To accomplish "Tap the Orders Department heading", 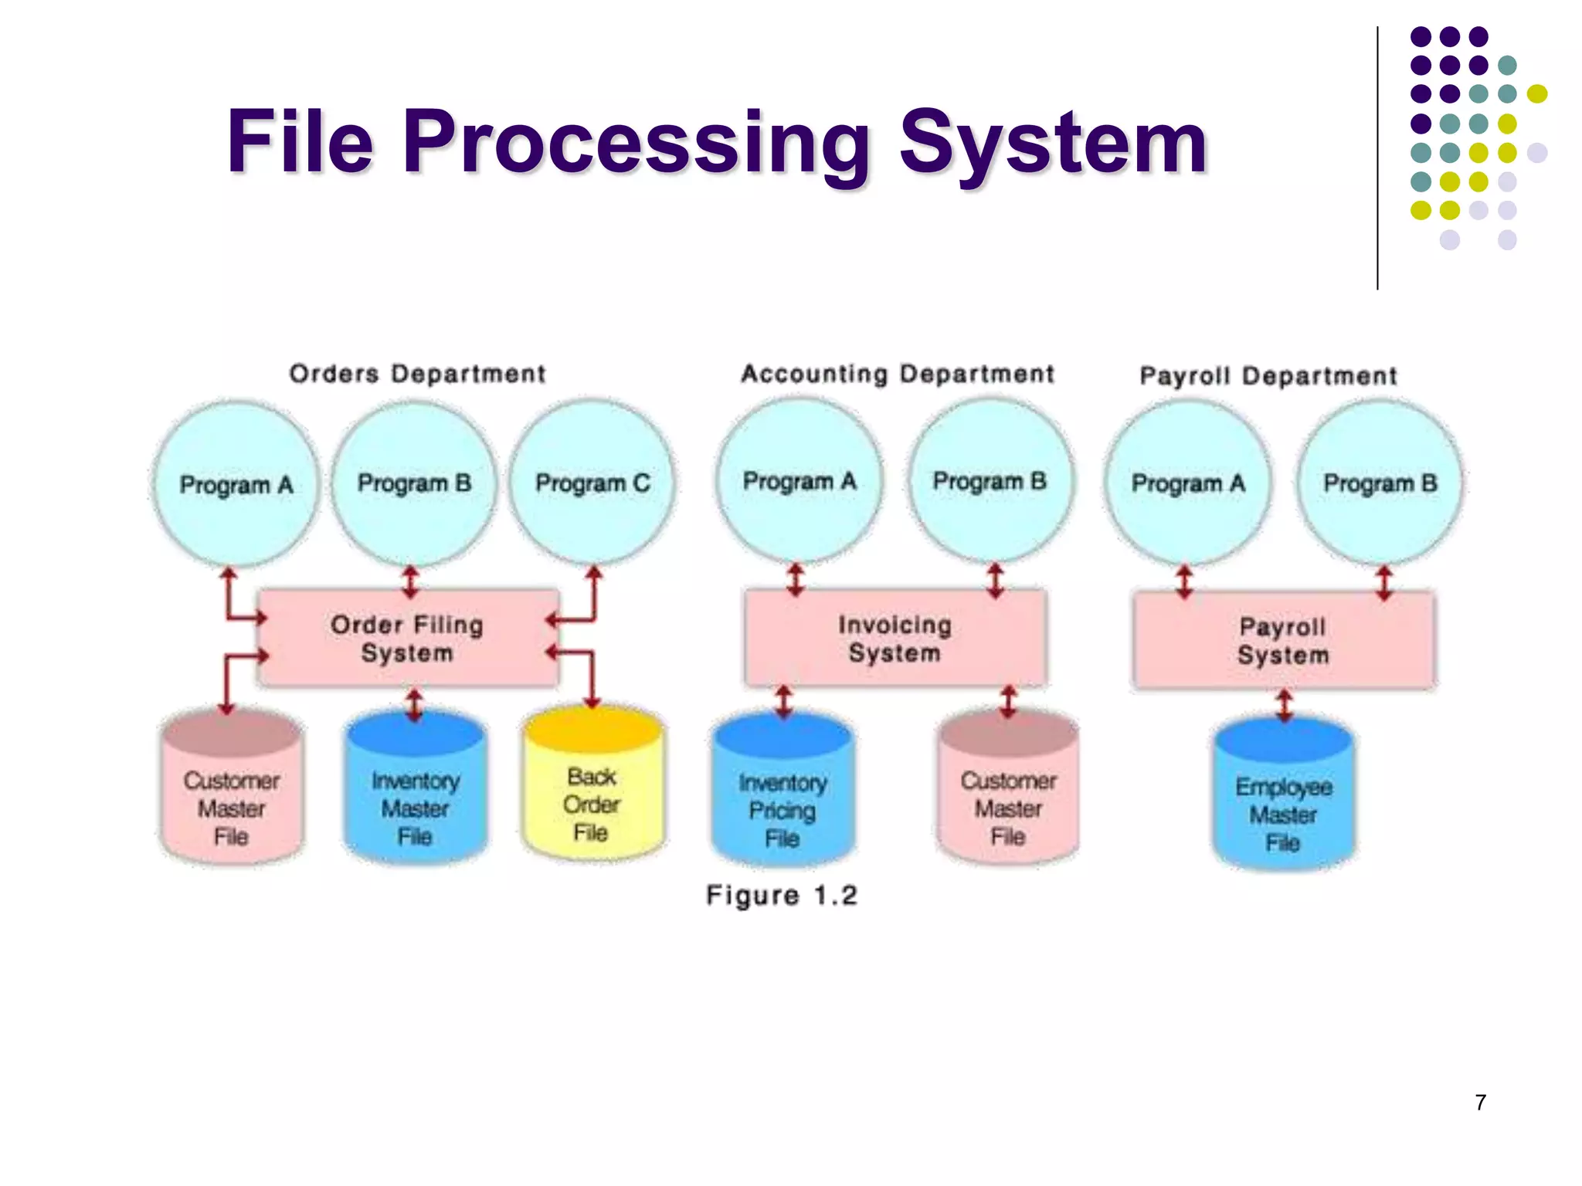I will click(x=417, y=374).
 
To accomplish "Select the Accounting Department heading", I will click(x=898, y=374).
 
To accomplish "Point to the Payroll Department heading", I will click(x=1268, y=376).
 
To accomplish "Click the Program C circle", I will click(x=592, y=483).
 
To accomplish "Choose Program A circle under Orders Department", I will click(x=236, y=484).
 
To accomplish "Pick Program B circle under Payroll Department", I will click(x=1380, y=483).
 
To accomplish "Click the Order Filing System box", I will click(x=408, y=639).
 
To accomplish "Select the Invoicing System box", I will click(x=895, y=639).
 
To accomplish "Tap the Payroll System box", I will click(x=1283, y=640).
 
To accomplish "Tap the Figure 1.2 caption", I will click(x=782, y=896).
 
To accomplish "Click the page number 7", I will click(x=1480, y=1103).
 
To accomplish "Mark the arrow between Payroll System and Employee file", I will click(x=1284, y=705).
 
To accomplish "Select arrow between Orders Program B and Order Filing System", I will click(x=410, y=582).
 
